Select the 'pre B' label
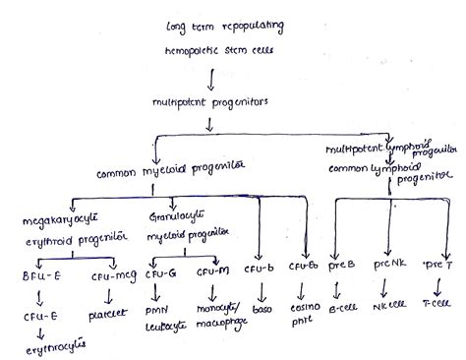[x=338, y=265]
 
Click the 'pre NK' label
[x=385, y=265]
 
